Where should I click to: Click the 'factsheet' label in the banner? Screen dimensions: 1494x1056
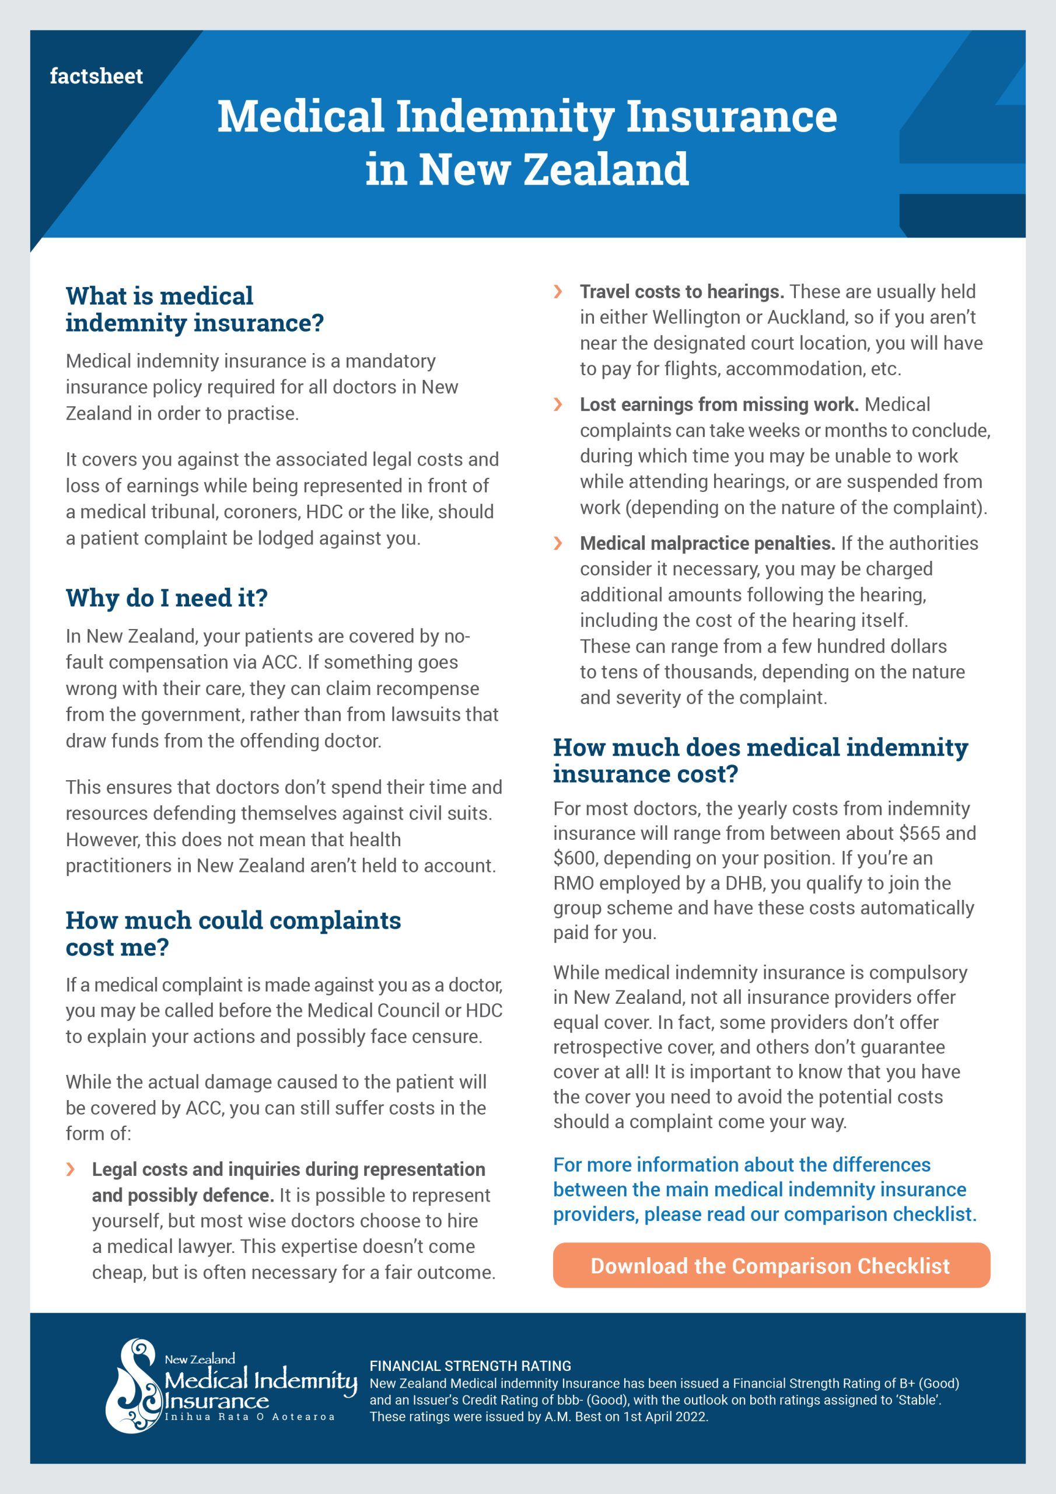point(96,76)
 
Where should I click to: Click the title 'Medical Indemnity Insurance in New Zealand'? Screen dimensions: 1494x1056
point(527,142)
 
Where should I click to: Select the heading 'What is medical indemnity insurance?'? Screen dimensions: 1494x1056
point(194,309)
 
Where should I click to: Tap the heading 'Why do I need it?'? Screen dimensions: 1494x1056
point(166,598)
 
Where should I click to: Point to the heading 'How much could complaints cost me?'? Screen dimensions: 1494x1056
point(233,933)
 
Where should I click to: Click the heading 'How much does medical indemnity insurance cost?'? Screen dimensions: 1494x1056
point(760,760)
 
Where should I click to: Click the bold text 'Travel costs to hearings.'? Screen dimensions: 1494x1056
point(682,292)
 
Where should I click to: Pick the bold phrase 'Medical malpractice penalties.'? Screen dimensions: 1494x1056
point(707,543)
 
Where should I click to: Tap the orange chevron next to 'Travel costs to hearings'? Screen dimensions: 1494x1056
point(558,292)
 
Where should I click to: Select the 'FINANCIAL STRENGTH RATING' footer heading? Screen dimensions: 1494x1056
point(470,1366)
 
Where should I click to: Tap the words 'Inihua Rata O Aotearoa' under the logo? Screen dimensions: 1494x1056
point(250,1416)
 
